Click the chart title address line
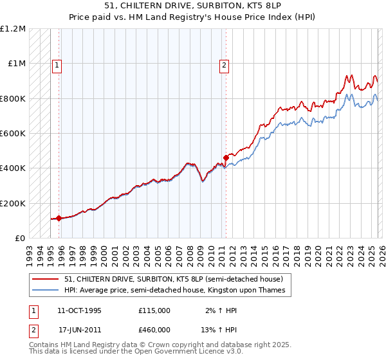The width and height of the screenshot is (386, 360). [x=192, y=5]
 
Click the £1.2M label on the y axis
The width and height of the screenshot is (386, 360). [x=13, y=29]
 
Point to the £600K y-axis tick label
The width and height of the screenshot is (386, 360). [x=13, y=134]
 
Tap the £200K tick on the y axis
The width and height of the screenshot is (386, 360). [x=13, y=203]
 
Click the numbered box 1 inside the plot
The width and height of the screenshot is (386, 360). [x=57, y=64]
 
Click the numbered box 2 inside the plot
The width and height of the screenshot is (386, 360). [x=225, y=64]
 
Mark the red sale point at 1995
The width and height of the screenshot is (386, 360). [x=59, y=218]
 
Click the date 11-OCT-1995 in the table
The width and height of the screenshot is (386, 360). [x=78, y=310]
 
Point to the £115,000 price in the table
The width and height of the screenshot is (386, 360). [x=154, y=310]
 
